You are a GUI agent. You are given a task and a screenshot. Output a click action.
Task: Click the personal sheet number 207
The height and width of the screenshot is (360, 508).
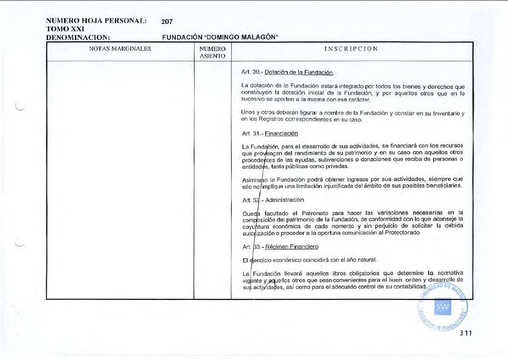(x=167, y=21)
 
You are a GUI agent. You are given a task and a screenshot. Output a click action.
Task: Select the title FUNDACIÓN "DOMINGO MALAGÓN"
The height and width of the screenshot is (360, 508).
(x=221, y=38)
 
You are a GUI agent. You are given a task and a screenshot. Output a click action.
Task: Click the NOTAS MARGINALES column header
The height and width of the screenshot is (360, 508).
(x=120, y=49)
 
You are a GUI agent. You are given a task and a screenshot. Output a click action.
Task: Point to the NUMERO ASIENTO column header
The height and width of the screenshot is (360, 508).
(x=212, y=52)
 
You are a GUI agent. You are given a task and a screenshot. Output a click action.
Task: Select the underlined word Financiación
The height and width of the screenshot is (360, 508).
(x=281, y=134)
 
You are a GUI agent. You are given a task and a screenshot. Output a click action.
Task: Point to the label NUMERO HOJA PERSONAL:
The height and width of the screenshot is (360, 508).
(x=96, y=21)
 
